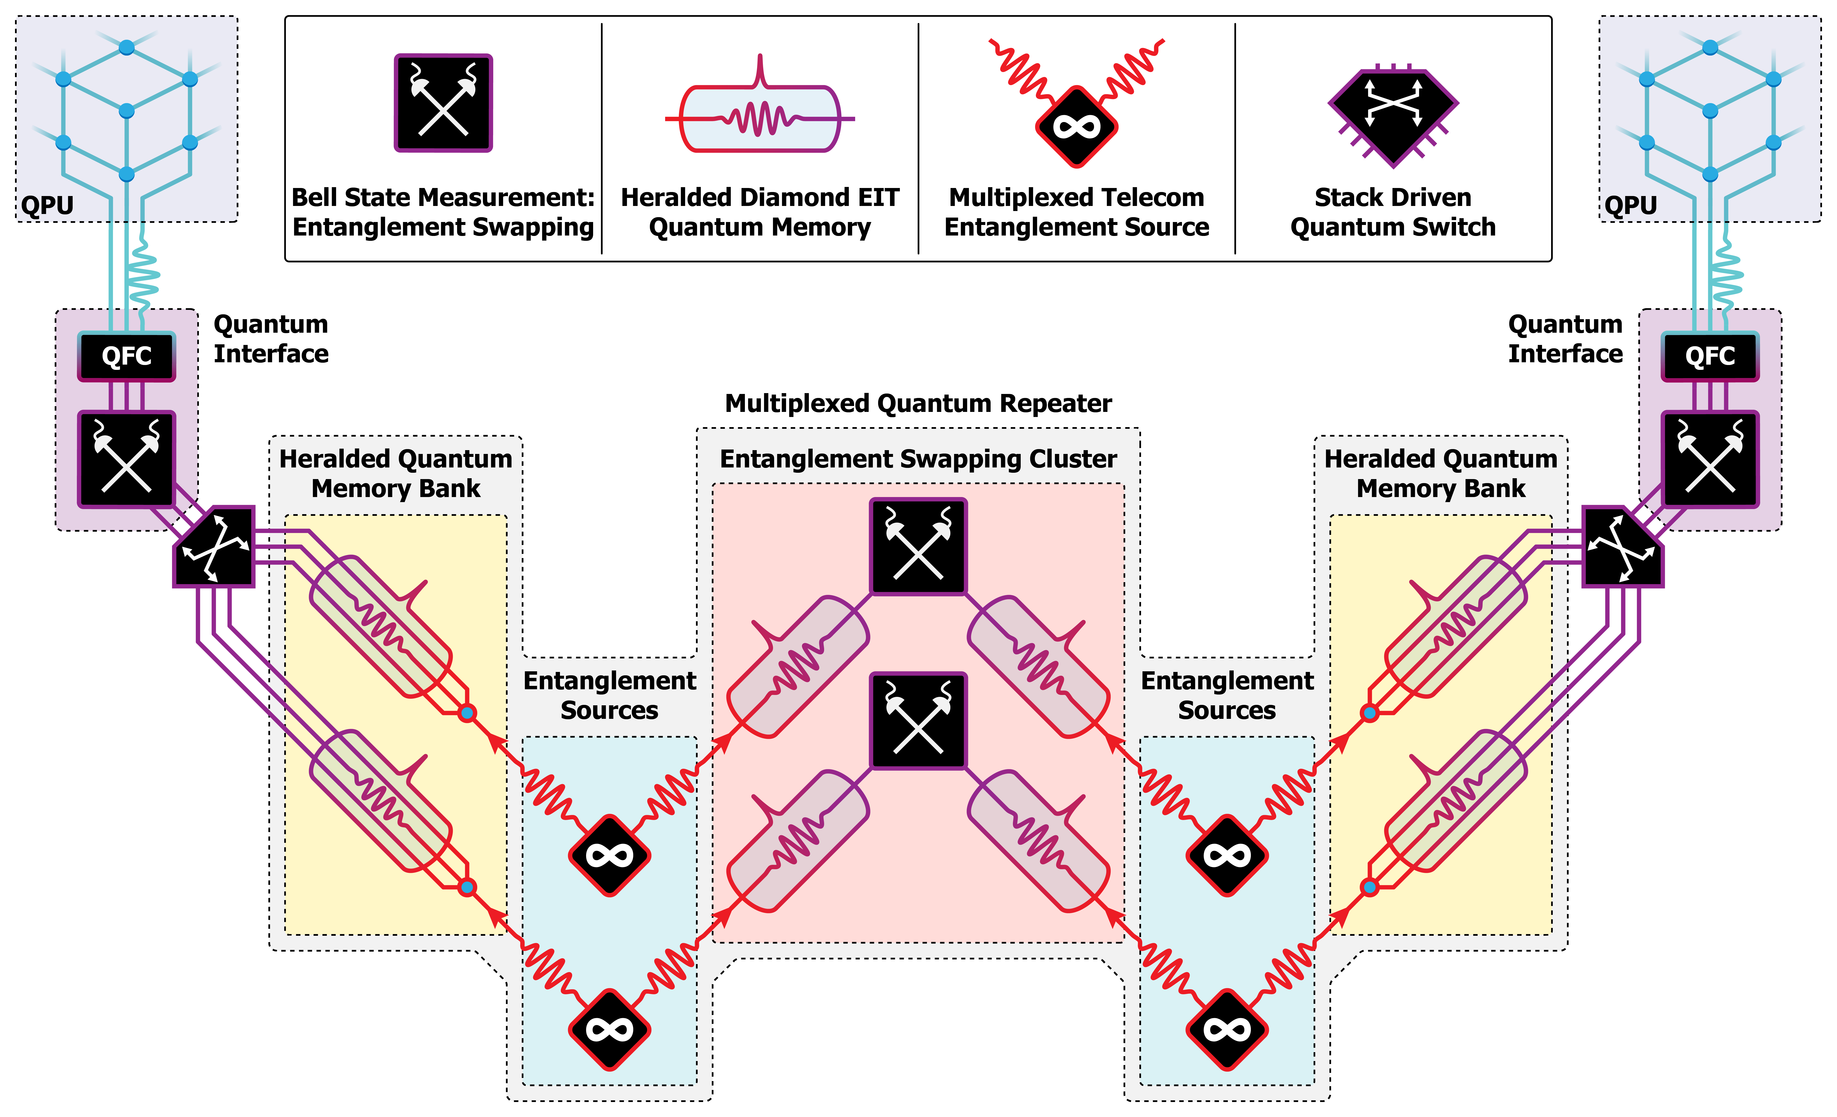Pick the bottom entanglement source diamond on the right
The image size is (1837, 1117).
pyautogui.click(x=1226, y=1030)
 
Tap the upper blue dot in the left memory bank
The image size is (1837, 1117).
pyautogui.click(x=467, y=714)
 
